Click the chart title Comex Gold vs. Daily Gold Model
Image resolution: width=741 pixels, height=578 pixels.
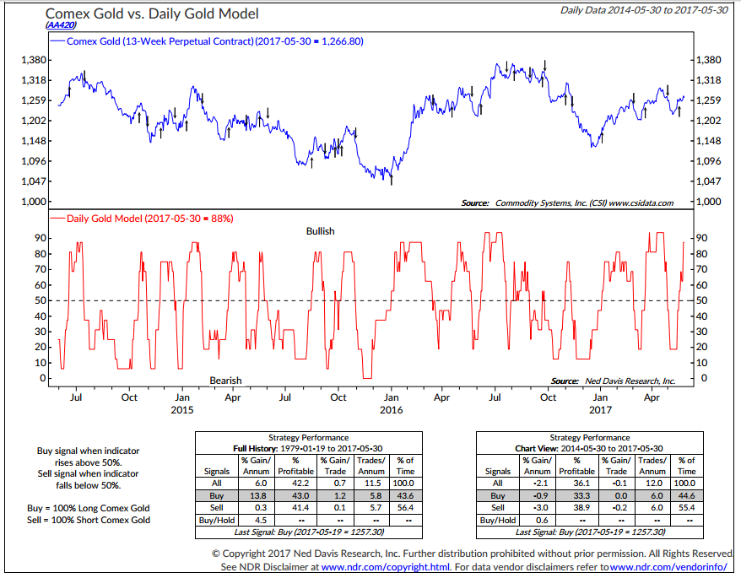(x=152, y=14)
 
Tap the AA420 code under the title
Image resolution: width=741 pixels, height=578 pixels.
(x=62, y=26)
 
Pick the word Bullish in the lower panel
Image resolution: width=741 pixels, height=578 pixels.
(x=320, y=230)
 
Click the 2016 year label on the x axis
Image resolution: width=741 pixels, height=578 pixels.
(x=391, y=410)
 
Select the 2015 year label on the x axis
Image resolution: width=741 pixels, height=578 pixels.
(x=181, y=410)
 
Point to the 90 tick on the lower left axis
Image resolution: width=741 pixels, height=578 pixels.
(x=40, y=238)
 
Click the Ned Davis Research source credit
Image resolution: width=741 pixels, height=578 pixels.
(x=612, y=381)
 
